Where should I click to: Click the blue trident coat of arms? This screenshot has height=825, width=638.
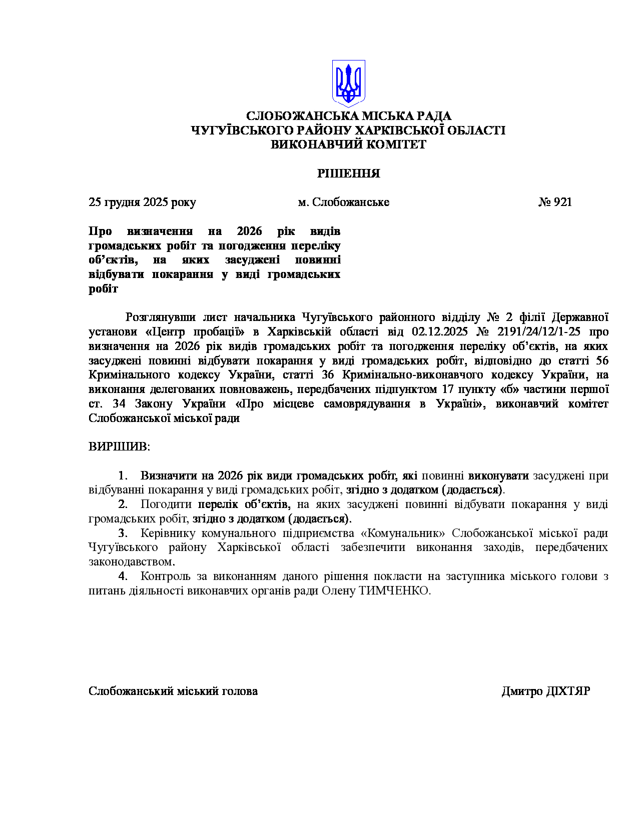pos(349,83)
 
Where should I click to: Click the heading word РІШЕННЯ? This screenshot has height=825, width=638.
pos(349,173)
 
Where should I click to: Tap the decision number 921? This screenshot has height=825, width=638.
pos(562,202)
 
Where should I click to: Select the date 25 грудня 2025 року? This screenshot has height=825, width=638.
pos(142,202)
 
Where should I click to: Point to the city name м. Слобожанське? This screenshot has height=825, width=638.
pos(343,202)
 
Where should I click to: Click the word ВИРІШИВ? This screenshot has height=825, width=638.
pos(119,446)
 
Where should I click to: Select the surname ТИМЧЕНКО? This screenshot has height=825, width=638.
pos(394,590)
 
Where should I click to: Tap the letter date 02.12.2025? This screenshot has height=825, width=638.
pos(440,332)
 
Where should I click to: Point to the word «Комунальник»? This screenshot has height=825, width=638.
pos(403,533)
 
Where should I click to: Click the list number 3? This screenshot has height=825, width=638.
pos(123,533)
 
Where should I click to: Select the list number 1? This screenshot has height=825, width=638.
pos(123,475)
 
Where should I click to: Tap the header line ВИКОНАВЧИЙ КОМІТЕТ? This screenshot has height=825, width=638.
pos(349,144)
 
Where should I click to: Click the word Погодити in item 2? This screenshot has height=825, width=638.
pos(166,504)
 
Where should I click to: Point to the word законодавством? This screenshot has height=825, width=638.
pos(132,562)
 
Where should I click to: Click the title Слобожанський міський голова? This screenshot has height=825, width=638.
pos(173,691)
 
